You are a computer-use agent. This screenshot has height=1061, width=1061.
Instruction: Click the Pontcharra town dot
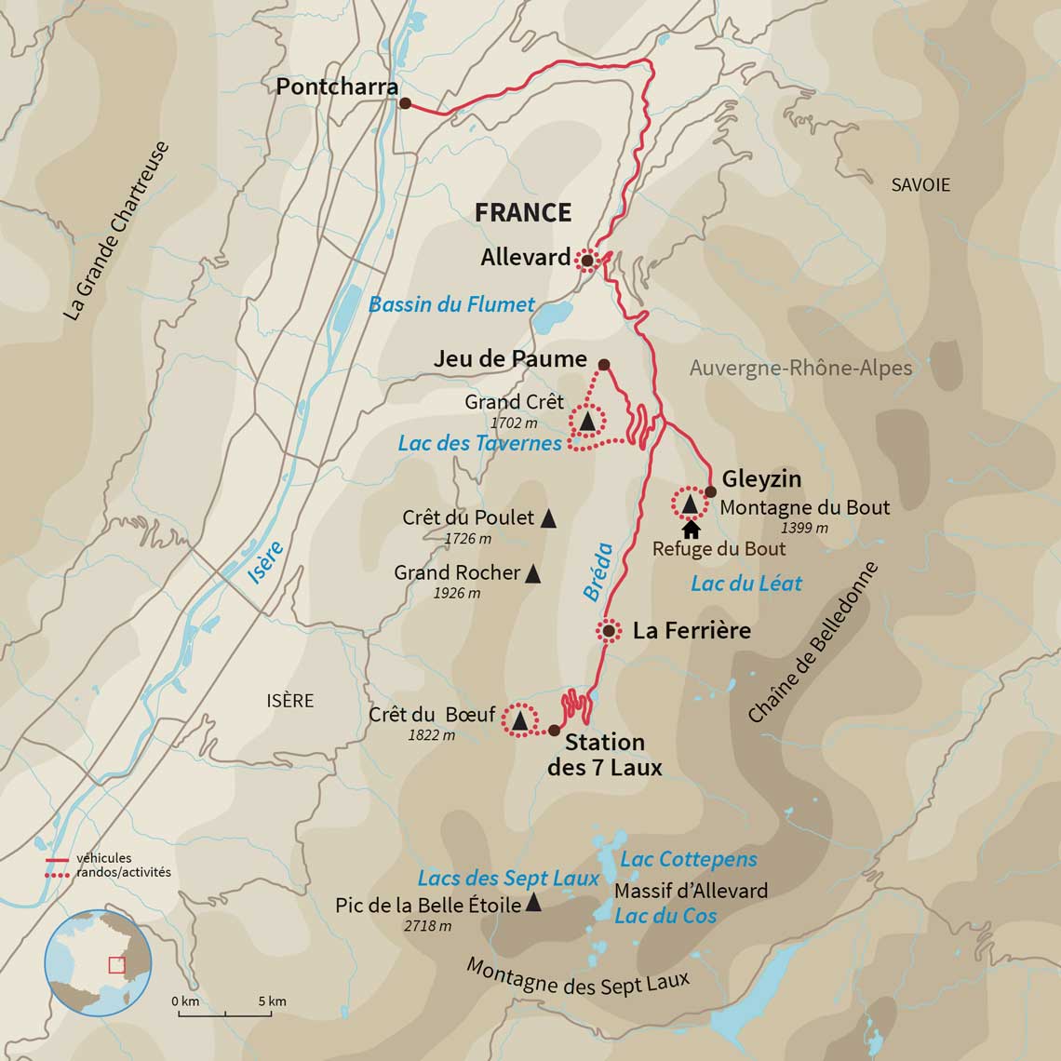pos(405,103)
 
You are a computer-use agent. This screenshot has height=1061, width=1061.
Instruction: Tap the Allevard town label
pos(525,258)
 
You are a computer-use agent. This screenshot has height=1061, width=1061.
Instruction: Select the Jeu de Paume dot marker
pos(603,365)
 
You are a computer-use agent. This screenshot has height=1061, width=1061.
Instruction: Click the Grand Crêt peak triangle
pos(587,423)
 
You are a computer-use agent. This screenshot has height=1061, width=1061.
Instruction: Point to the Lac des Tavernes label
pos(479,443)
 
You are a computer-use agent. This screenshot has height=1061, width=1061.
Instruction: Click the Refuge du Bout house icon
pos(691,530)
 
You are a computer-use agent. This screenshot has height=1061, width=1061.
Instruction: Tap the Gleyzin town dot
pos(710,491)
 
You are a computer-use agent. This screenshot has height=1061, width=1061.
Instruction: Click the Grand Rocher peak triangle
pos(532,573)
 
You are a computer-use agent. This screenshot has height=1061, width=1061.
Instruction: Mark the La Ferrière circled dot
pos(608,631)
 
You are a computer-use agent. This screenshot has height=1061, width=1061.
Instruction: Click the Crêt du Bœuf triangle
pos(519,720)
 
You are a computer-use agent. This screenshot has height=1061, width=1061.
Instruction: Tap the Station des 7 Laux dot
pos(555,731)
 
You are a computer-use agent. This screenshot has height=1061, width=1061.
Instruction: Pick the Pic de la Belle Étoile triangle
pos(533,902)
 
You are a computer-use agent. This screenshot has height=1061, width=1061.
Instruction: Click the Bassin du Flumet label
pos(451,304)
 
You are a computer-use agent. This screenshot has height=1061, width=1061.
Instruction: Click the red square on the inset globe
pos(116,965)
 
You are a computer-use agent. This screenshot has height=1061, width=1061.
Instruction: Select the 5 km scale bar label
pos(272,1001)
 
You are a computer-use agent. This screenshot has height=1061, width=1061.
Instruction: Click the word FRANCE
pos(522,212)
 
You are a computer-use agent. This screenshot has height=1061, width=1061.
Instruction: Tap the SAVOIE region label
pos(920,185)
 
